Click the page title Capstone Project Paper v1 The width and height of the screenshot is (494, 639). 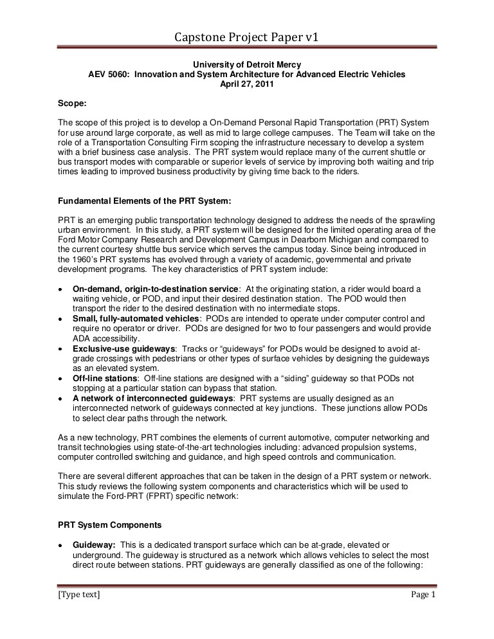click(x=247, y=39)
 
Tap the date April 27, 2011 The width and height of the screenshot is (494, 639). click(x=247, y=84)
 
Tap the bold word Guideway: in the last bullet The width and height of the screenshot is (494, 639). click(x=94, y=526)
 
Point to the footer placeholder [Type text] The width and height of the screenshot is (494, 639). click(x=79, y=595)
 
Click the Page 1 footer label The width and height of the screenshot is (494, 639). click(x=423, y=595)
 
